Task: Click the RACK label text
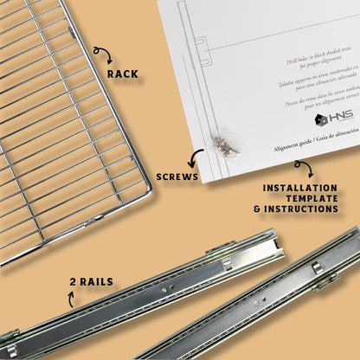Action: pos(123,74)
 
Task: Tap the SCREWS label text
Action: pos(177,176)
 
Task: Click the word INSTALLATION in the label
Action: pos(299,187)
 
